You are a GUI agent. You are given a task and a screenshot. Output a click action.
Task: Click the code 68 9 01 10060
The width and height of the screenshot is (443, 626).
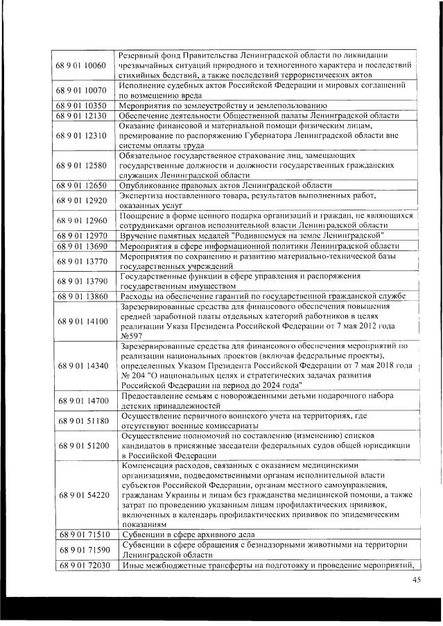tap(80, 66)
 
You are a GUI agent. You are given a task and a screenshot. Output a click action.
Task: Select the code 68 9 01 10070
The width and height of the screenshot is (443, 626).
tap(80, 90)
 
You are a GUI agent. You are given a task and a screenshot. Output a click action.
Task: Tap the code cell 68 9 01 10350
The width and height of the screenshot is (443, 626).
tap(80, 105)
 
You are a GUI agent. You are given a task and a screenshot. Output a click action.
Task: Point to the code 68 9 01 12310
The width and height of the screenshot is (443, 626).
tap(80, 135)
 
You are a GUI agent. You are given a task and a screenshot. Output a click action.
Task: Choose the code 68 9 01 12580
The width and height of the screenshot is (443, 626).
tap(80, 166)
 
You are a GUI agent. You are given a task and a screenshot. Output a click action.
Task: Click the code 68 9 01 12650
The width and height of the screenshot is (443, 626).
tap(80, 186)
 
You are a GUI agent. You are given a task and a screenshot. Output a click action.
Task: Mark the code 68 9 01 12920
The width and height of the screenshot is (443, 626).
tap(80, 200)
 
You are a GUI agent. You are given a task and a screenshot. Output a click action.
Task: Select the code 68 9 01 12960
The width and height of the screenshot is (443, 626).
tap(80, 220)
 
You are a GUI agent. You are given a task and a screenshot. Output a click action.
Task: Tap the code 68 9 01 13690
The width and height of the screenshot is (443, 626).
tap(80, 245)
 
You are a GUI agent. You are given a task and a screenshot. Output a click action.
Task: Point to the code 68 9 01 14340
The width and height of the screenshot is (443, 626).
tap(80, 365)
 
